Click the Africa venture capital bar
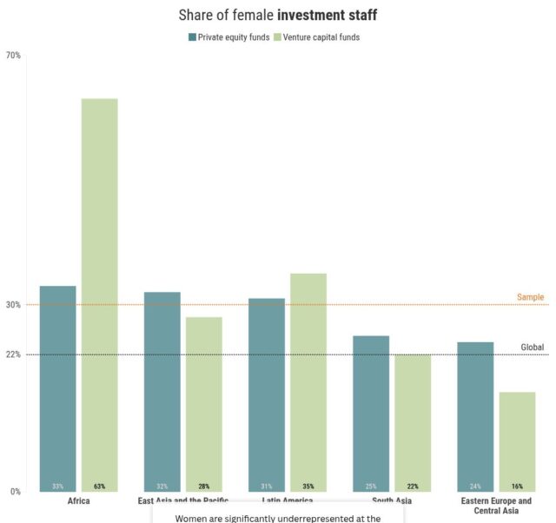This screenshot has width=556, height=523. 99,295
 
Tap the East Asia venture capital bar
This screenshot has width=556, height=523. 203,404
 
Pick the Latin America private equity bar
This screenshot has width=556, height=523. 267,394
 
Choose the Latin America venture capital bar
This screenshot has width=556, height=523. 308,382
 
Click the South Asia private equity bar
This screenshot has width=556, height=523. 371,414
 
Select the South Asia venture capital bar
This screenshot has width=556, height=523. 412,422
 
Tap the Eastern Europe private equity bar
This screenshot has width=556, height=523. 475,416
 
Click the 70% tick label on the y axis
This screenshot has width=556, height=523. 13,56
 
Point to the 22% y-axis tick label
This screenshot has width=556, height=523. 13,354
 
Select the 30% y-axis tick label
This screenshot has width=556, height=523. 13,305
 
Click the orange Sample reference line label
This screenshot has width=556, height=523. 530,297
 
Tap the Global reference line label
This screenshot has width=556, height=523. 532,348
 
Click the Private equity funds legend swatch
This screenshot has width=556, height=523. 193,37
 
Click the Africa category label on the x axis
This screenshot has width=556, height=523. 78,502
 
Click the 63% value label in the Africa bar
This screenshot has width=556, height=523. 99,487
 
